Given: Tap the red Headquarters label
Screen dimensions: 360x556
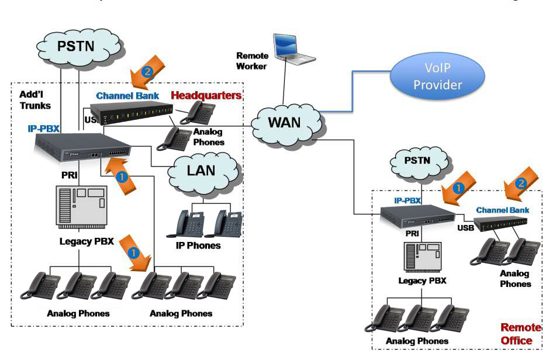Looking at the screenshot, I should [206, 95].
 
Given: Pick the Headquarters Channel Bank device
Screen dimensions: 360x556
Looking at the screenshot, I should [132, 115].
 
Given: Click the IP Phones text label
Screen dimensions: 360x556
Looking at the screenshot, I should [198, 245].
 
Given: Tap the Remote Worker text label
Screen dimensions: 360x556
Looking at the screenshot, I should [252, 61].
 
